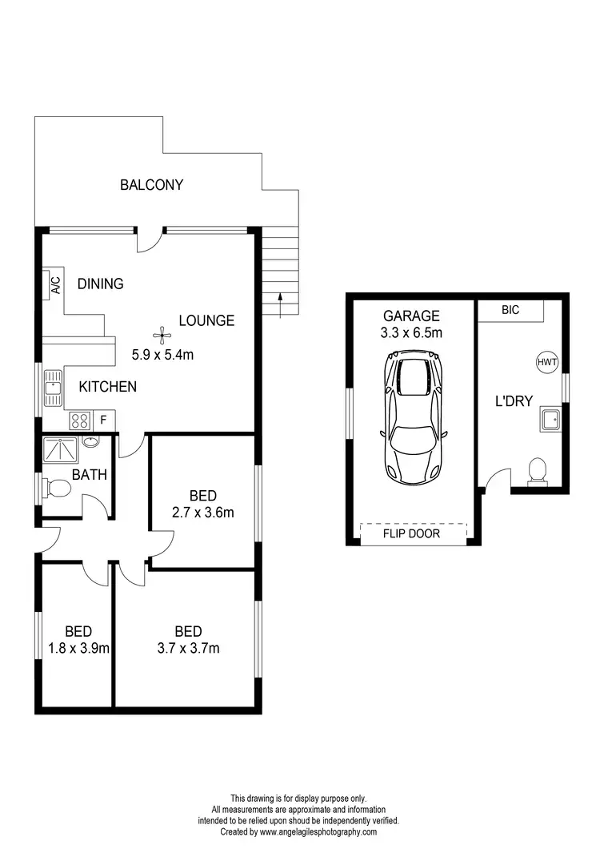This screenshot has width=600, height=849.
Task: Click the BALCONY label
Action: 151,185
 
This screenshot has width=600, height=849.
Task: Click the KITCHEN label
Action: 107,387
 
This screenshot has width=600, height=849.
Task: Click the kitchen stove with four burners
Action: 79,420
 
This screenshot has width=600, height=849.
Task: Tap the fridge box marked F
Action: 104,420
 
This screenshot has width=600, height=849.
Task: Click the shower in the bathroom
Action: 61,451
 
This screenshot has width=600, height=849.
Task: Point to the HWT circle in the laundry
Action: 547,363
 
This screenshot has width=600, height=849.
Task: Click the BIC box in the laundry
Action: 510,310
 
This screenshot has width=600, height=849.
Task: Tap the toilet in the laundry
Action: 538,470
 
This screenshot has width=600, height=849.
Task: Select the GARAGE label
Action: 411,316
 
